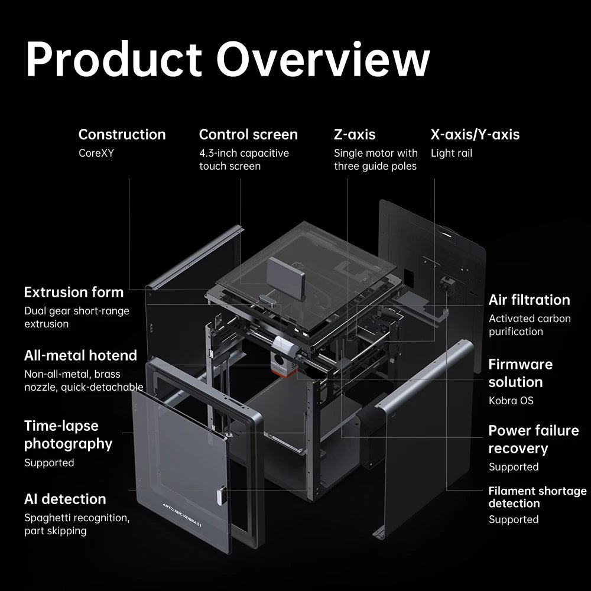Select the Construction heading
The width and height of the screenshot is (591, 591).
[122, 135]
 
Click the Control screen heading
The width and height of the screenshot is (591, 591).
[248, 135]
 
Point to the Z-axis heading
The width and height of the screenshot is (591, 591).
[354, 135]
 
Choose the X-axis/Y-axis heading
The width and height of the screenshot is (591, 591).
[475, 135]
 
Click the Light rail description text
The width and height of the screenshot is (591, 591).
[451, 153]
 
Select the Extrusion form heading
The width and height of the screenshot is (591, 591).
[74, 292]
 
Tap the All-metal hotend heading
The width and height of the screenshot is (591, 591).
[80, 355]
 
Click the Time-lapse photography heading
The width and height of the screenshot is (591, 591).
[68, 434]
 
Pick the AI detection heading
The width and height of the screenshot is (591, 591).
[65, 499]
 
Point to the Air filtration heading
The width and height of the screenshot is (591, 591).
[529, 300]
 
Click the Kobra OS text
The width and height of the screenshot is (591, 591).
[511, 401]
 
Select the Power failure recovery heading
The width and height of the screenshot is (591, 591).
[533, 439]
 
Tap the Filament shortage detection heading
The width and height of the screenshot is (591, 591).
[537, 497]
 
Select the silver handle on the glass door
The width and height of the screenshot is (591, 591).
[220, 495]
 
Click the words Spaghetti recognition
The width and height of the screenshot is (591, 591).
[76, 518]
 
